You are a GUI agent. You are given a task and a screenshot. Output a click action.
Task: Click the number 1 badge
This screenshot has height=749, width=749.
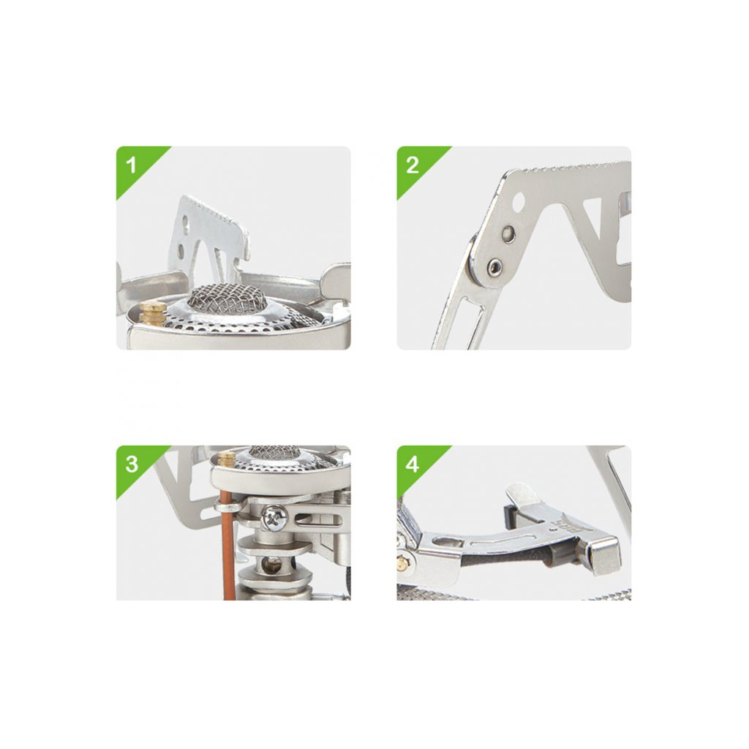pyautogui.click(x=132, y=165)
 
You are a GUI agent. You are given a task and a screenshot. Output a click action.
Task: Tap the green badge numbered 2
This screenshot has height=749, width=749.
pyautogui.click(x=413, y=165)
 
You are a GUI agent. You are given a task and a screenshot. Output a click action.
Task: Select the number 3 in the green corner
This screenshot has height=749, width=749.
pyautogui.click(x=132, y=464)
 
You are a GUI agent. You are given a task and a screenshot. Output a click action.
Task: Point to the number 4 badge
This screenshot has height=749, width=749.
pyautogui.click(x=413, y=464)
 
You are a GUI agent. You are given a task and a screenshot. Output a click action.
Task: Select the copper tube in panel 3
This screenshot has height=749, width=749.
pyautogui.click(x=229, y=549)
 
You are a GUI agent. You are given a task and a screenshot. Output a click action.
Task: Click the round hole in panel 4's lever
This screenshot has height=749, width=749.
pyautogui.click(x=448, y=543)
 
